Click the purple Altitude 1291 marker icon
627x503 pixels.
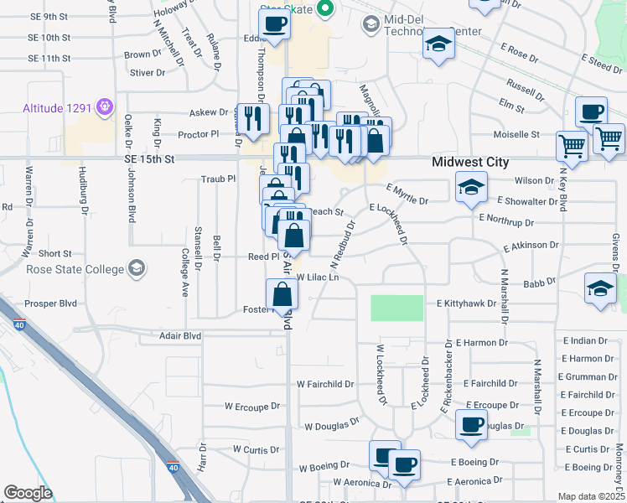(x=104, y=106)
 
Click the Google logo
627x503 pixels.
(x=28, y=493)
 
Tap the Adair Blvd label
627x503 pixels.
(x=180, y=335)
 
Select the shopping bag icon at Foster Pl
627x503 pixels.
(x=282, y=294)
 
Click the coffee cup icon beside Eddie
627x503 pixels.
(x=274, y=25)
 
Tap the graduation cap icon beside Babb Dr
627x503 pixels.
(x=601, y=288)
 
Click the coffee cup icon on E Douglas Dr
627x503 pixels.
(x=472, y=423)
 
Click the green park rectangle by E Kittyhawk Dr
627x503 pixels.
(x=396, y=308)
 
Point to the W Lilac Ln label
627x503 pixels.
(x=316, y=277)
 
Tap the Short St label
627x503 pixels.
(x=54, y=253)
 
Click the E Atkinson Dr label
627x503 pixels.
(x=531, y=246)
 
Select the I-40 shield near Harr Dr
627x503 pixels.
(x=172, y=466)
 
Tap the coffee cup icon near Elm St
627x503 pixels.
(x=591, y=111)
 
